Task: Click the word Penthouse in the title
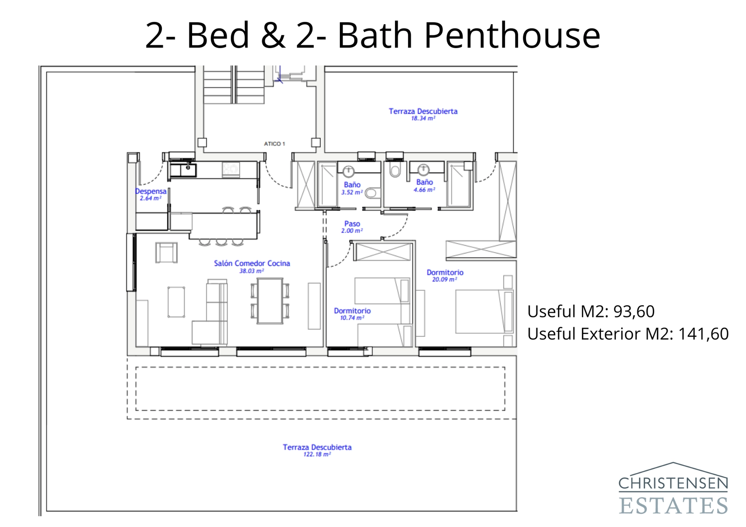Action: coord(511,35)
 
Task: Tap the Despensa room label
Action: coord(151,192)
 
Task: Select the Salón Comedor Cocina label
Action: coord(252,263)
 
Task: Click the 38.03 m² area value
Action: coord(251,271)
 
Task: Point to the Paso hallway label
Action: coord(352,224)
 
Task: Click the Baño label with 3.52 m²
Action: coord(352,185)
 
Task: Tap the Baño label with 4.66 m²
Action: coord(424,182)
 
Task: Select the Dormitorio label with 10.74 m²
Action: coord(352,311)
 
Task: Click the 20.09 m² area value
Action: coord(444,280)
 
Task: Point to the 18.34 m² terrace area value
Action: coord(423,118)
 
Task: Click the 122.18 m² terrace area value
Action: coord(317,454)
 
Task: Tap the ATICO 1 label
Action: coord(274,144)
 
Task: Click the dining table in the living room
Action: coord(270,301)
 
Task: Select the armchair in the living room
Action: coord(166,253)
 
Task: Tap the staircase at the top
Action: coord(234,85)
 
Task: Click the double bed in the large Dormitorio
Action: coord(483,311)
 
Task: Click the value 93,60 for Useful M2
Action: coord(634,311)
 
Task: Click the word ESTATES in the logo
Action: coord(673,506)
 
